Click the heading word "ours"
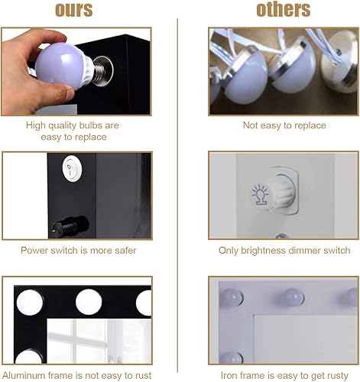(74, 10)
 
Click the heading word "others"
(284, 10)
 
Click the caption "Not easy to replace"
(284, 125)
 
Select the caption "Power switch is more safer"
(76, 250)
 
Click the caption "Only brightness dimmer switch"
(284, 250)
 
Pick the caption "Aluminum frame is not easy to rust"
(76, 374)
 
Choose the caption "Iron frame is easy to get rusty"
(284, 374)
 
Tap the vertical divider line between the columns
(179, 191)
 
